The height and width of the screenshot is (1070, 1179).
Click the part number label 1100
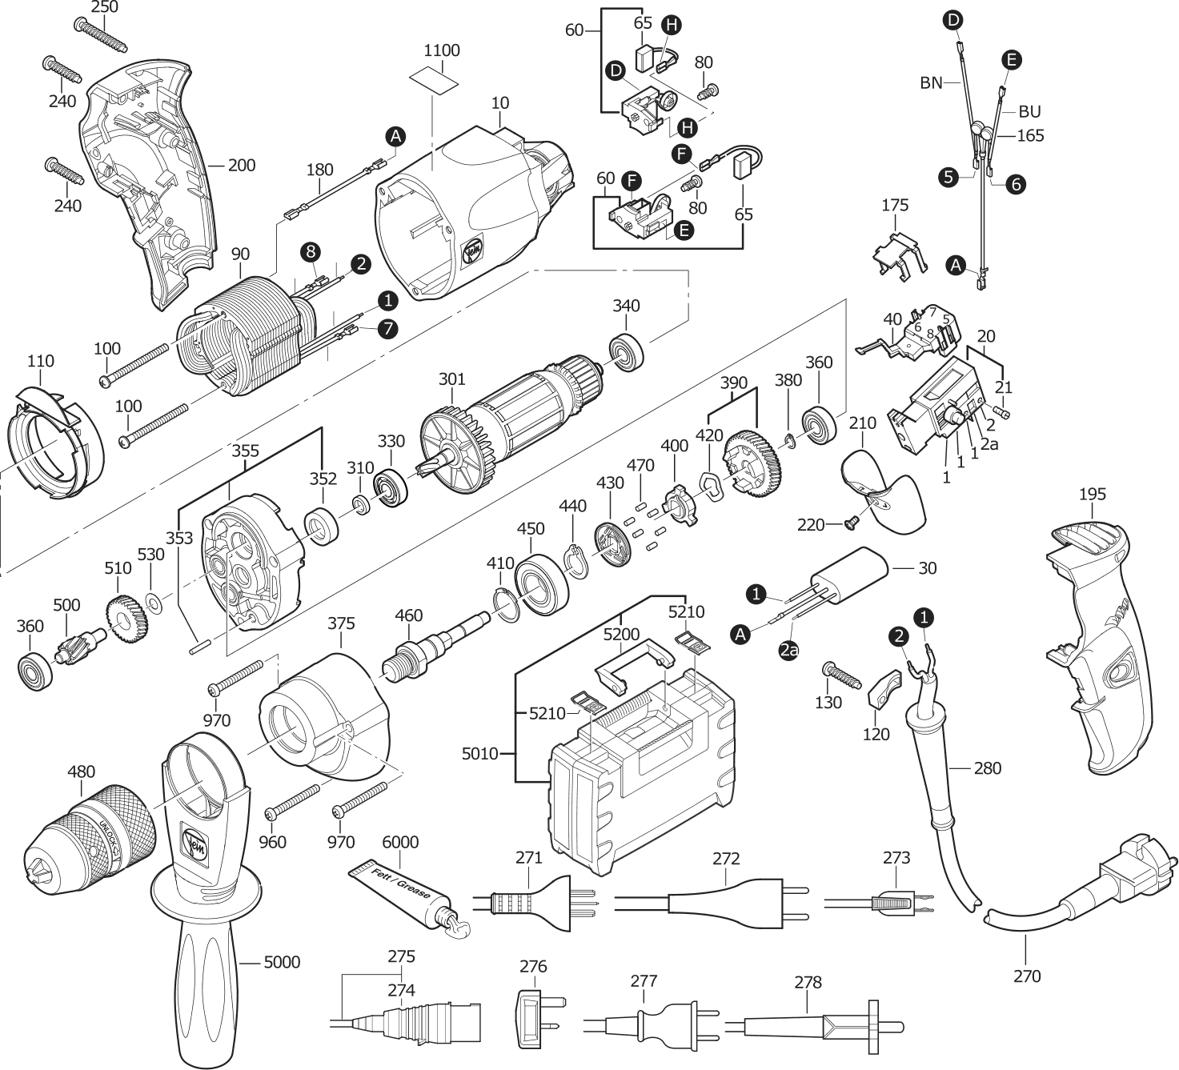[x=441, y=50]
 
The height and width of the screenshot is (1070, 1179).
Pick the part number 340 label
[x=626, y=306]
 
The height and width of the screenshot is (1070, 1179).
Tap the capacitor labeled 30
[x=848, y=576]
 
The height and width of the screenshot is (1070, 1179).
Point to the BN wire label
[x=931, y=82]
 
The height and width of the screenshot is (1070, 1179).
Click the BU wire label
[x=1029, y=111]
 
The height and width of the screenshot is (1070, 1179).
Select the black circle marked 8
[x=311, y=252]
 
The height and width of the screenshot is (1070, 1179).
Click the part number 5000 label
[x=282, y=962]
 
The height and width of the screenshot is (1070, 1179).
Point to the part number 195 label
[x=1092, y=494]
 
